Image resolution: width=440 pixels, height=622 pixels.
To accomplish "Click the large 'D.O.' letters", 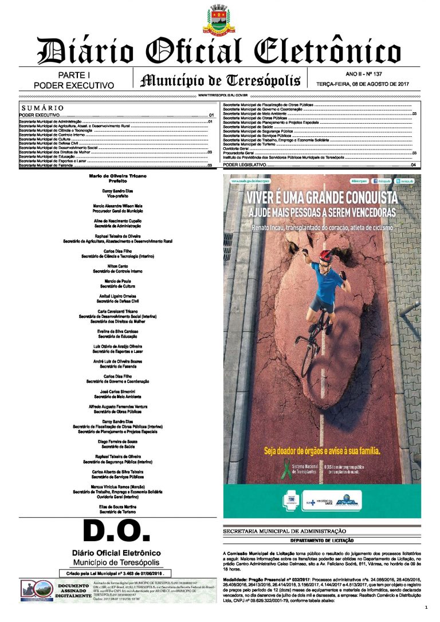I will point(117,532).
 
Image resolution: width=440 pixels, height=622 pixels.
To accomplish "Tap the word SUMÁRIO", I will point(42,108).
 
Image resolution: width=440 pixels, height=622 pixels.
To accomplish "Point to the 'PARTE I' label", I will point(74,76).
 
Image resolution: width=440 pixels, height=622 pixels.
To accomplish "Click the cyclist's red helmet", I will point(325,256).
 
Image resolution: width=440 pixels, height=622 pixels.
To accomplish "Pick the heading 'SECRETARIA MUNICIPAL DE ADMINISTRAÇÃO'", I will point(284,532).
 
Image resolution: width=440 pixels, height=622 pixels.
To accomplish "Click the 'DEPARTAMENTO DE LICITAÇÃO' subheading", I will point(321,540).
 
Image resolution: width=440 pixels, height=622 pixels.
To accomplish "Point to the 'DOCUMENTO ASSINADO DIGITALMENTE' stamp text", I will point(72,590).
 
